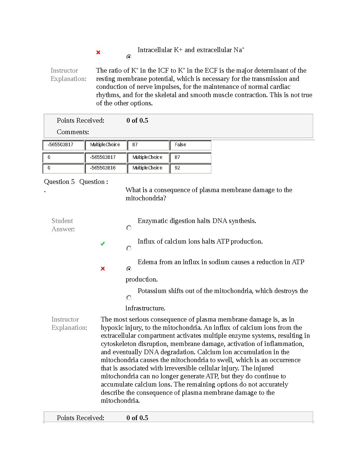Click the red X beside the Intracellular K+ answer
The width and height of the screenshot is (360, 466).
[x=98, y=52]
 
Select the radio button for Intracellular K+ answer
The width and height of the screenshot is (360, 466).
[x=129, y=57]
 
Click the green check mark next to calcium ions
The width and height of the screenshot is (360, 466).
[x=103, y=244]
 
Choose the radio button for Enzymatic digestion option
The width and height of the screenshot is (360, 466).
[x=129, y=228]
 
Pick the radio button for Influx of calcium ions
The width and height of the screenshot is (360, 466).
[x=129, y=248]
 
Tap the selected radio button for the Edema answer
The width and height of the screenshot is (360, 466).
[x=129, y=269]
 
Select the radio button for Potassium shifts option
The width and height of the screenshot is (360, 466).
[x=129, y=298]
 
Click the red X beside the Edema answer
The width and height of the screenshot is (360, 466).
[x=103, y=269]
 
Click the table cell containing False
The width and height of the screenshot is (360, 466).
[x=190, y=145]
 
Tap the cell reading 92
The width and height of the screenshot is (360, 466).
[x=190, y=168]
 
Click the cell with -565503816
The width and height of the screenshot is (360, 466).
[x=106, y=168]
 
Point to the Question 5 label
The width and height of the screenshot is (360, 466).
[x=59, y=182]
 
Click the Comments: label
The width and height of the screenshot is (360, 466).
[x=73, y=132]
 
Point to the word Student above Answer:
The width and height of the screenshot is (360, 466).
[x=62, y=221]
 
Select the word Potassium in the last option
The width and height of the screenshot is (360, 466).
[x=152, y=291]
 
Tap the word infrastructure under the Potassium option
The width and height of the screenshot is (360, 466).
[x=145, y=308]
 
